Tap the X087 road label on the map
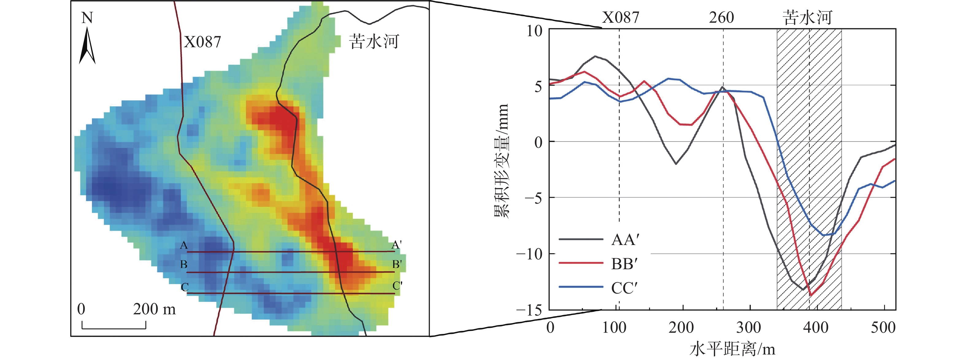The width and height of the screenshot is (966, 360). tap(202, 42)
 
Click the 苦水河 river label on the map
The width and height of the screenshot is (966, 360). tap(374, 41)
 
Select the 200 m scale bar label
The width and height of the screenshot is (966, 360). tap(154, 309)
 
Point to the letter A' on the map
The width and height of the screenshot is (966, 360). tap(397, 245)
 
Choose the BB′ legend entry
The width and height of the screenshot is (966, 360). tap(624, 264)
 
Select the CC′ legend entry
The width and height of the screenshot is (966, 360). tap(624, 288)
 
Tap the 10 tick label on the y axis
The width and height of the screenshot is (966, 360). tap(535, 31)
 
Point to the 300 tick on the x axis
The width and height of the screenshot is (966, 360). tap(749, 328)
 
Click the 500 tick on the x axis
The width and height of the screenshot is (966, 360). tap(883, 328)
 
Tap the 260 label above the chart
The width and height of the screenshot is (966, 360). tap(721, 17)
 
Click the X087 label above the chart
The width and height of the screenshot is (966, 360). tap(621, 17)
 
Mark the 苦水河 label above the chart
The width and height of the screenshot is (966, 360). tap(807, 17)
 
